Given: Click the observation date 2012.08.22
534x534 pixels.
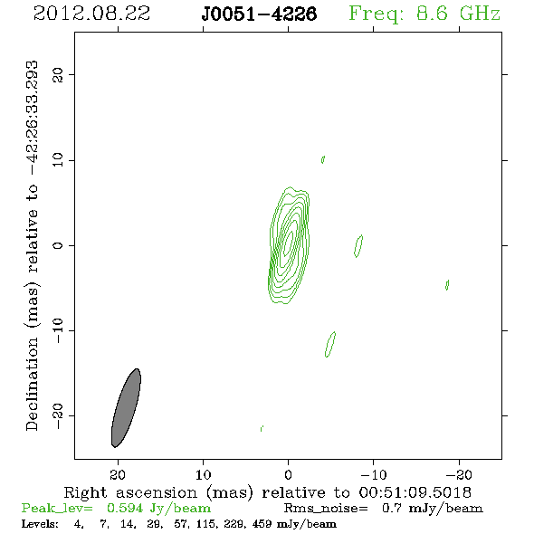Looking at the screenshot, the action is pyautogui.click(x=91, y=14).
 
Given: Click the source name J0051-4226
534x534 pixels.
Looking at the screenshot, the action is pyautogui.click(x=259, y=14).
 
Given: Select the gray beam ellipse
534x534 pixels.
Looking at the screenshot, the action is pyautogui.click(x=126, y=408).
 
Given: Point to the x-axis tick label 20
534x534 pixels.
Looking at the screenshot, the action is pyautogui.click(x=118, y=474).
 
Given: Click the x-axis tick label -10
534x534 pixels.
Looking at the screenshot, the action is pyautogui.click(x=374, y=474).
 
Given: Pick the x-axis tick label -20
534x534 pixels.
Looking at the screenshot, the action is pyautogui.click(x=459, y=474).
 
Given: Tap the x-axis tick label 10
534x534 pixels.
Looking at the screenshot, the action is pyautogui.click(x=204, y=474).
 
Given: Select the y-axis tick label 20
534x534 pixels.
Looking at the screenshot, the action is pyautogui.click(x=58, y=74).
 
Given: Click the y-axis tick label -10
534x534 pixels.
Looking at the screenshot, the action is pyautogui.click(x=58, y=330).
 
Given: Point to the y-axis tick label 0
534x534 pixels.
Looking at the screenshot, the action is pyautogui.click(x=58, y=245).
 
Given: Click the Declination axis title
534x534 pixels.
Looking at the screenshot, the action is pyautogui.click(x=33, y=245).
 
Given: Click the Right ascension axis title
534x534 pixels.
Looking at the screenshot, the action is pyautogui.click(x=268, y=492).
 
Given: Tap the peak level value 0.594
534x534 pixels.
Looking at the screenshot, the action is pyautogui.click(x=125, y=508).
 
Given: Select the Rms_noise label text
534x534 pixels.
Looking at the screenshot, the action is pyautogui.click(x=326, y=509).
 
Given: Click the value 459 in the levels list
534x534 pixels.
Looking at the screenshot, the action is pyautogui.click(x=262, y=523).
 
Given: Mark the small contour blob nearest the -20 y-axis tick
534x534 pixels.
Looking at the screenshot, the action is pyautogui.click(x=262, y=428).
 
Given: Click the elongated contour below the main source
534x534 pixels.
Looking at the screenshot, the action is pyautogui.click(x=330, y=344).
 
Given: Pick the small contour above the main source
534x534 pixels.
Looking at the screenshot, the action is pyautogui.click(x=323, y=159).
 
